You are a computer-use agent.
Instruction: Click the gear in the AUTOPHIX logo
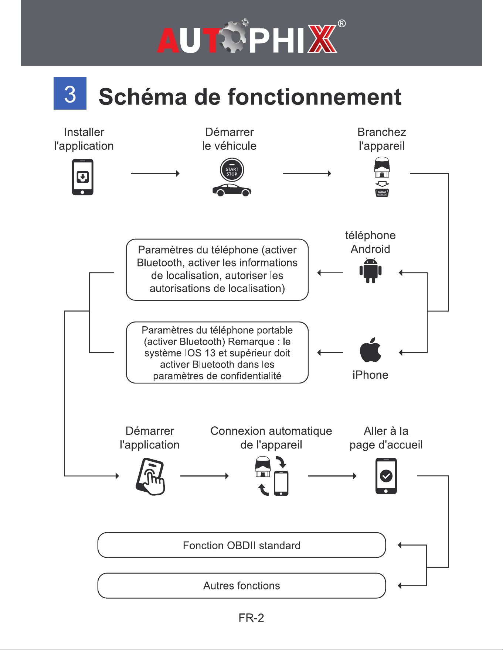click(234, 37)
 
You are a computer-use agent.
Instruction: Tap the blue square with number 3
click(70, 93)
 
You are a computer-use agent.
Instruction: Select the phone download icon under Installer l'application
click(82, 177)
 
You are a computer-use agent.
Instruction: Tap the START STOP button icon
click(232, 170)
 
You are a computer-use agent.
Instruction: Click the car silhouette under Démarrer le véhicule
click(232, 190)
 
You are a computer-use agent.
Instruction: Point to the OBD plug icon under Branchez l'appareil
click(382, 177)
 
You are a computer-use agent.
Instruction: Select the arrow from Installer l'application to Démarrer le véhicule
click(155, 173)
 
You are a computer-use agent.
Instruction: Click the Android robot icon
click(370, 271)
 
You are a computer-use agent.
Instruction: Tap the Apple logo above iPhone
click(370, 350)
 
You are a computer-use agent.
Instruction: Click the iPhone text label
click(370, 375)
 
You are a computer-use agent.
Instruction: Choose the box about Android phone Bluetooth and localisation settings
click(217, 270)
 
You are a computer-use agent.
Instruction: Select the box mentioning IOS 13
click(217, 352)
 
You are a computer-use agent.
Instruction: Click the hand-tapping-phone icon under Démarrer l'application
click(150, 477)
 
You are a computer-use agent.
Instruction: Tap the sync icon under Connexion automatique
click(272, 476)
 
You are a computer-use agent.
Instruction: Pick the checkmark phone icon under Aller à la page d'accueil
click(386, 476)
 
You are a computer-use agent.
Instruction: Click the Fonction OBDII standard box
click(242, 545)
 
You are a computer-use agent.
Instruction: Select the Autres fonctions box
click(242, 586)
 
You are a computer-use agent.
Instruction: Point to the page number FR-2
click(251, 618)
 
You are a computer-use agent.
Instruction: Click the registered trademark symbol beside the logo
click(342, 24)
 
